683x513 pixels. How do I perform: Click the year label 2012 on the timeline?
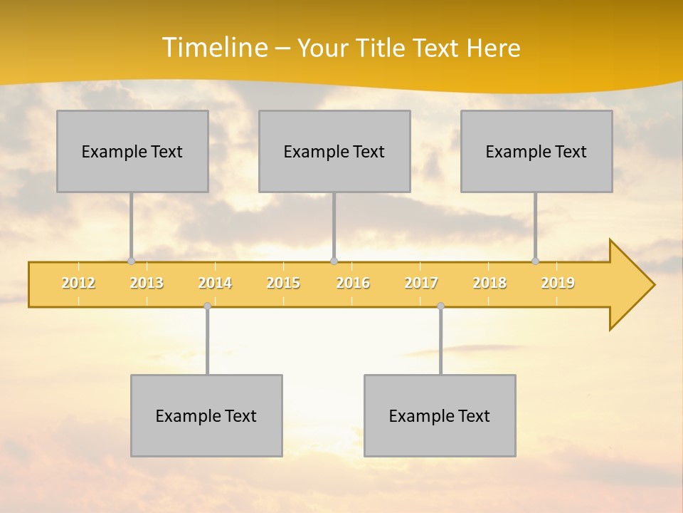point(78,283)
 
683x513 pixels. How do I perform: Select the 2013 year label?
point(147,283)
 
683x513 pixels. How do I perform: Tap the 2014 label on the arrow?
point(215,283)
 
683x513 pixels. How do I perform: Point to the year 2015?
point(283,283)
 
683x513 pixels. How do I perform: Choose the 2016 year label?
point(353,283)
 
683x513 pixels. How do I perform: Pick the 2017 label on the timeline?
point(421,283)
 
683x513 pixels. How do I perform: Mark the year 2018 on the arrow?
point(489,283)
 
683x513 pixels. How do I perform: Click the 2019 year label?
point(558,283)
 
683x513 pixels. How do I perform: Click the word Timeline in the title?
point(213,48)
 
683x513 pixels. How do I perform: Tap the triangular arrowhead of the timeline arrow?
point(630,285)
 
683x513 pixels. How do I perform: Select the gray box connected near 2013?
point(132,151)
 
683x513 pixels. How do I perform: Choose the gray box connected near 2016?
point(334,151)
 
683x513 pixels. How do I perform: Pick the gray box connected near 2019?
point(536,151)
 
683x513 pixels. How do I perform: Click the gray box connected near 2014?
point(206,415)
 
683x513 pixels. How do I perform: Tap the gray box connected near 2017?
point(440,415)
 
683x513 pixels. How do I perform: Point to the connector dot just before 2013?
point(131,261)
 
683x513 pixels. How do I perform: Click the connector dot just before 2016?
point(334,261)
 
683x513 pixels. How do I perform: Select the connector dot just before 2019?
point(536,261)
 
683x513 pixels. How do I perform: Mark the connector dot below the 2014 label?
point(207,306)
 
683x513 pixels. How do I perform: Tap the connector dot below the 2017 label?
point(440,306)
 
